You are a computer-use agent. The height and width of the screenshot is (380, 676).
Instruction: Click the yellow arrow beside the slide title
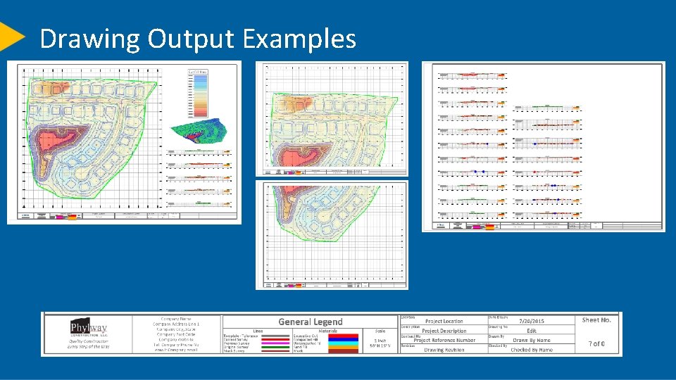12,37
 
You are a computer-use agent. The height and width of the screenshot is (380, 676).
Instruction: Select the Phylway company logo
89,329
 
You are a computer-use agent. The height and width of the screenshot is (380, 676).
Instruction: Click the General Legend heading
311,322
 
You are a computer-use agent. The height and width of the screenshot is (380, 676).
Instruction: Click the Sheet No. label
596,320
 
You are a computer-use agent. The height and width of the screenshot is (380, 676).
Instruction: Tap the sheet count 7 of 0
596,343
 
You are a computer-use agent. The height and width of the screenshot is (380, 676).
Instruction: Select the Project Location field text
444,321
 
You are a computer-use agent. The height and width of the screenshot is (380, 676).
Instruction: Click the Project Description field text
444,331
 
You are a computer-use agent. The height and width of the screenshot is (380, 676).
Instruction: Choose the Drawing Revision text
444,350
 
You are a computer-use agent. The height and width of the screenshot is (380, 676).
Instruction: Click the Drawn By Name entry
532,340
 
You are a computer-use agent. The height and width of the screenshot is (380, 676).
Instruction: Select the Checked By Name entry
532,350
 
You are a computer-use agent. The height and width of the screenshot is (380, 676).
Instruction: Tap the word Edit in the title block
532,331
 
